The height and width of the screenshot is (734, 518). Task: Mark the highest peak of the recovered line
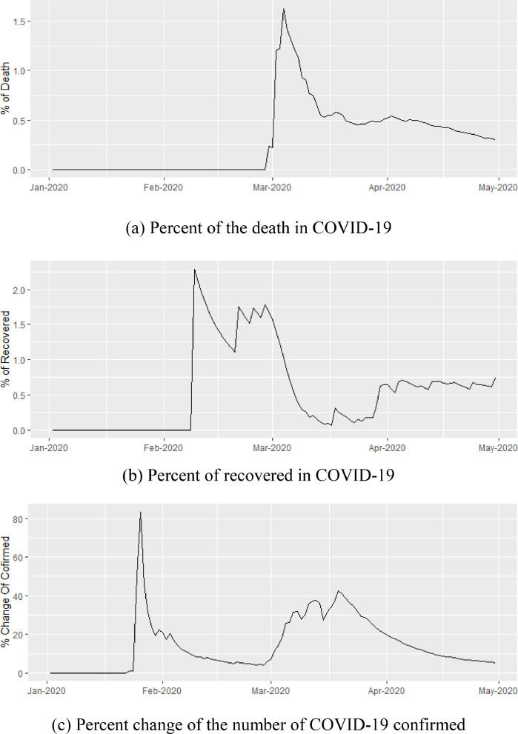pyautogui.click(x=194, y=269)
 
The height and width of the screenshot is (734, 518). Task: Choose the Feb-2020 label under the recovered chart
pyautogui.click(x=162, y=447)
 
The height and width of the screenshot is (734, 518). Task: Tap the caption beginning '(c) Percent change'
pyautogui.click(x=259, y=721)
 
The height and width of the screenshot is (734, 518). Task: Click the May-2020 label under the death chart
pyautogui.click(x=497, y=187)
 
